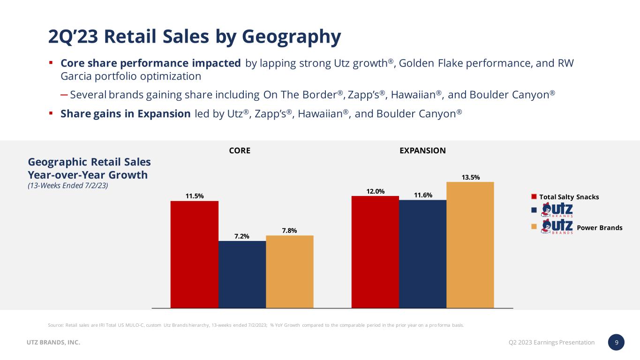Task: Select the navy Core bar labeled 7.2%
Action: tap(242, 274)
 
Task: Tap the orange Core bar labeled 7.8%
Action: tap(289, 271)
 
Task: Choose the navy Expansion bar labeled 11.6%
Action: tap(422, 254)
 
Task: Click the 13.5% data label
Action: tap(470, 177)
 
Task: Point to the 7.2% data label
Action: tap(241, 236)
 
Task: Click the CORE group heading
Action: tap(240, 150)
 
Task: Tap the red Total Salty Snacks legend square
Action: tap(534, 196)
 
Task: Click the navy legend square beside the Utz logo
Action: tap(534, 211)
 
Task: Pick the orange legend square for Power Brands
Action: tap(534, 227)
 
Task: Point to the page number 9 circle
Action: tap(617, 342)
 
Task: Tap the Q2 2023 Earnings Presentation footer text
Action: tap(551, 343)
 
